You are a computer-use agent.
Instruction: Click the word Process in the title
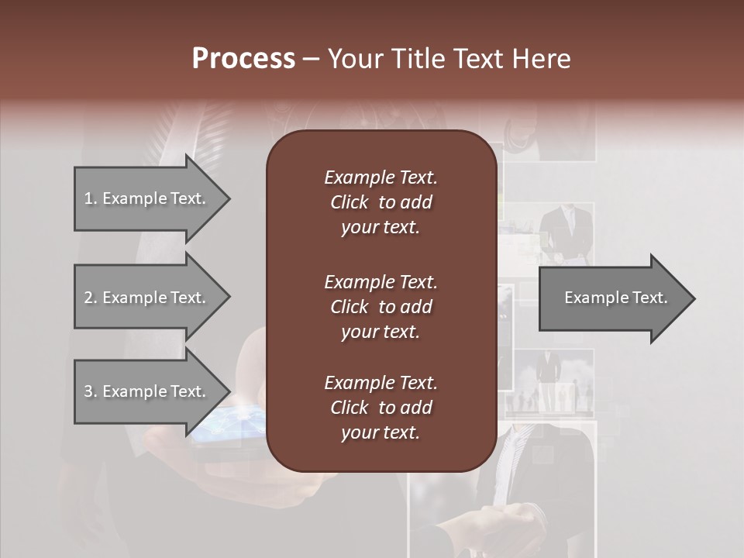point(243,59)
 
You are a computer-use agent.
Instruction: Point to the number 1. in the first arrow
point(91,198)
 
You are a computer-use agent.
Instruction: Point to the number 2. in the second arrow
point(91,298)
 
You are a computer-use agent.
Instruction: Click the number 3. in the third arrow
point(91,391)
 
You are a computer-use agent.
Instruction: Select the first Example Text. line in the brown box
point(381,177)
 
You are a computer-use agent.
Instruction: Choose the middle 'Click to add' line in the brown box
point(381,307)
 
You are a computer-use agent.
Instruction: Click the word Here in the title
point(545,59)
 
